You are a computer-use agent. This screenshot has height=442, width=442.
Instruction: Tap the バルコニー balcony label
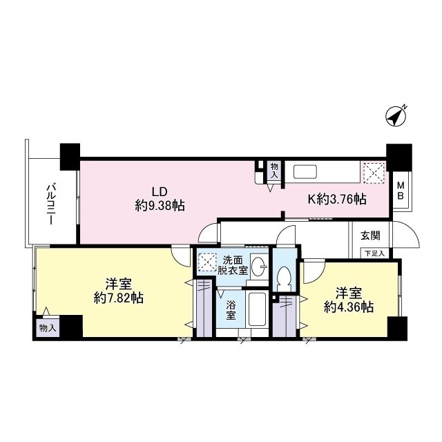pyautogui.click(x=51, y=201)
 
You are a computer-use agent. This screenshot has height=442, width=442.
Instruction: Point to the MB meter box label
pyautogui.click(x=401, y=190)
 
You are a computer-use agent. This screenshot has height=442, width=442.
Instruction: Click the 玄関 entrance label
pyautogui.click(x=370, y=236)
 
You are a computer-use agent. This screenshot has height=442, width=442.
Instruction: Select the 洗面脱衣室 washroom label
pyautogui.click(x=233, y=266)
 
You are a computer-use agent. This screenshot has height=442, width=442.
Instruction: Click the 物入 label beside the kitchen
pyautogui.click(x=274, y=171)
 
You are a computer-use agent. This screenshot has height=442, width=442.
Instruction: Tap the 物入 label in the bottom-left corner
pyautogui.click(x=48, y=327)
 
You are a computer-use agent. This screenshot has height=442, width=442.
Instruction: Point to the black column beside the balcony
pyautogui.click(x=70, y=156)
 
